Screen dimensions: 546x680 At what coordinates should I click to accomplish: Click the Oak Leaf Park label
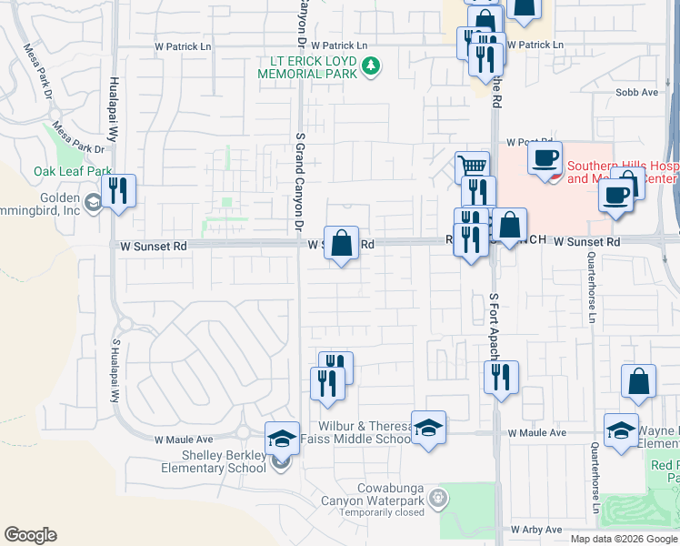point(73,171)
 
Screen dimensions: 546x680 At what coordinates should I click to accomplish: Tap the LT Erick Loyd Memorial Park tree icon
point(370,66)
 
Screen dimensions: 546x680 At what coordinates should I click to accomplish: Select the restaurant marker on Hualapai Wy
point(118,192)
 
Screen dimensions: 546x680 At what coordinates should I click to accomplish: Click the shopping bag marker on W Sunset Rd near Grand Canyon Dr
point(341,244)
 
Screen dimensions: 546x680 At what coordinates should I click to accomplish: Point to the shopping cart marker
point(472,167)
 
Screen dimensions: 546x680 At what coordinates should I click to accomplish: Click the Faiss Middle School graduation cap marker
point(428,429)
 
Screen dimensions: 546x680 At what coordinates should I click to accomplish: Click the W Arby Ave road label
point(537,529)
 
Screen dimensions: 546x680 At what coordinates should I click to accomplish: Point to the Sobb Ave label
point(635,93)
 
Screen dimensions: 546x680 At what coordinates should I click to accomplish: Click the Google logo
point(30,535)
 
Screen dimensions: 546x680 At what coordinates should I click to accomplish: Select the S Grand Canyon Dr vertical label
point(299,183)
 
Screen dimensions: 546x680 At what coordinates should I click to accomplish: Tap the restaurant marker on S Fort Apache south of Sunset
point(501,378)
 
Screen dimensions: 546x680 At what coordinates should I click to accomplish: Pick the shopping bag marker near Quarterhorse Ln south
point(638,382)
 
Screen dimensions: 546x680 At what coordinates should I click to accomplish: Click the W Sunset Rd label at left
point(153,246)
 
